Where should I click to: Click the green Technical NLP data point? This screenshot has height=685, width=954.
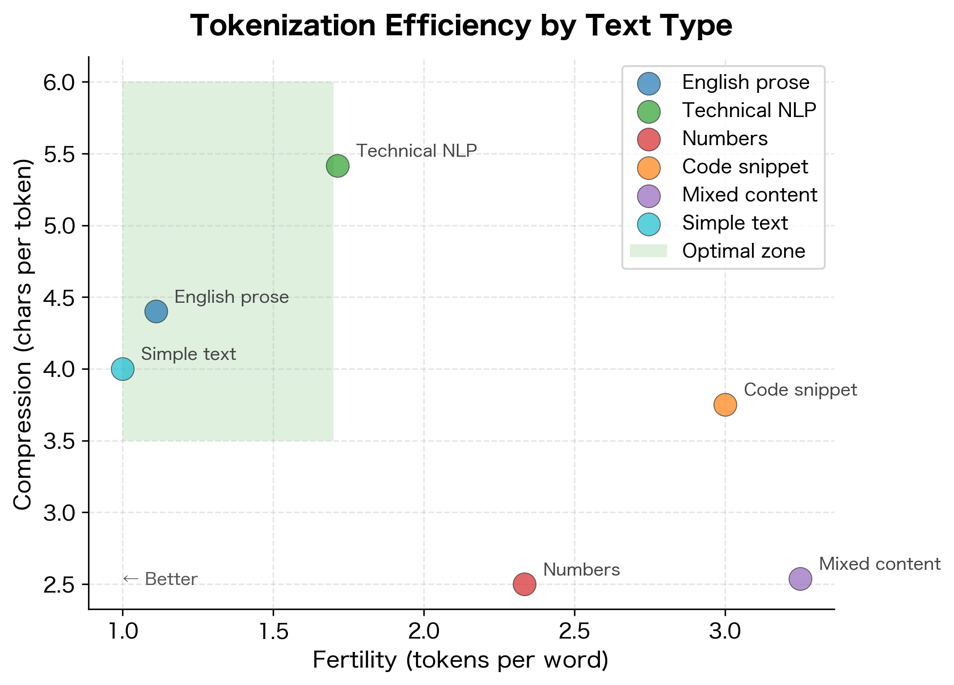(x=338, y=166)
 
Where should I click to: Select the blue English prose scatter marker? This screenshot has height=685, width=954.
(x=156, y=311)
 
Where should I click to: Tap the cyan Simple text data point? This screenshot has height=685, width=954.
(x=122, y=369)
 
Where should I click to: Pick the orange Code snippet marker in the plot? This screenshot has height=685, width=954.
(x=725, y=405)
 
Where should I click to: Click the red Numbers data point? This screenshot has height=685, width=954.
(x=524, y=584)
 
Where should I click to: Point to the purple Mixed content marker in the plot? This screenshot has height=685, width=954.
(x=800, y=579)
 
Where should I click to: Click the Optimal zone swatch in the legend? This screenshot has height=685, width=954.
(x=648, y=251)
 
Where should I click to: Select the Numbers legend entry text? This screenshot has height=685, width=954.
(x=725, y=138)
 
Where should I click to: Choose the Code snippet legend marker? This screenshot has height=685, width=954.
(x=649, y=167)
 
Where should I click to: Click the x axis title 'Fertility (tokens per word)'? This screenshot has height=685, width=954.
(x=460, y=660)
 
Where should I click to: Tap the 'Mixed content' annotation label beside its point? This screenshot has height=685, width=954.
(x=879, y=564)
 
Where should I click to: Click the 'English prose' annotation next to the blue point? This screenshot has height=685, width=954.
(x=232, y=297)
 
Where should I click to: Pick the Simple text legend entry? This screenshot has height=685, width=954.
(x=734, y=223)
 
